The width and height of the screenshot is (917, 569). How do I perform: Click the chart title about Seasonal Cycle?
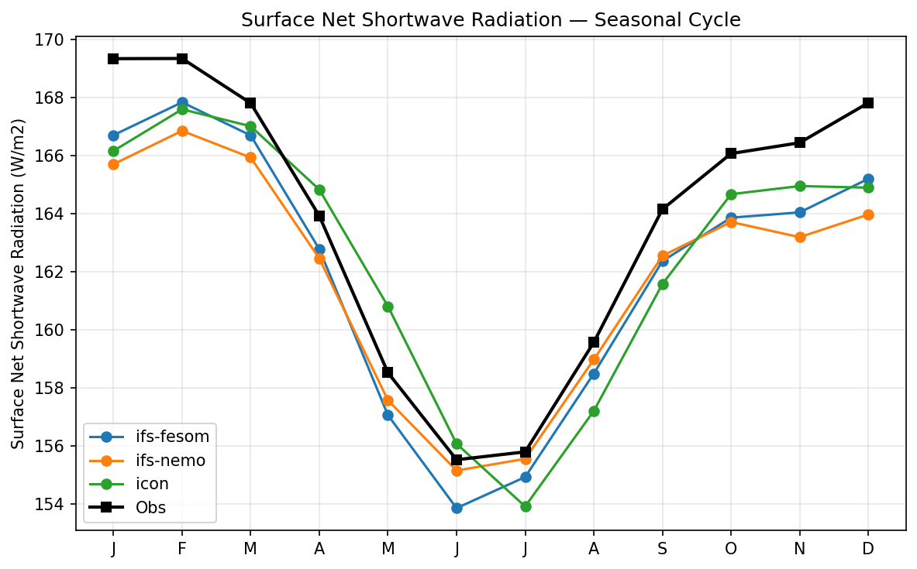491,20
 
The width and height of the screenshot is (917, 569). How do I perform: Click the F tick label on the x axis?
182,549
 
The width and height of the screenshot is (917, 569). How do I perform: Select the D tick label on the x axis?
868,549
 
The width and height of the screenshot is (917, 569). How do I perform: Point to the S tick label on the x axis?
663,549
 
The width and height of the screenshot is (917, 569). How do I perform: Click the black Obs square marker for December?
868,103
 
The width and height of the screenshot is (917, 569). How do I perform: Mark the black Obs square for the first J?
113,59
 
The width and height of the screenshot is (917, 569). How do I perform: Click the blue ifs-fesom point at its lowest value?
457,508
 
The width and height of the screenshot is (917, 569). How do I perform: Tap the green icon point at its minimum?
526,506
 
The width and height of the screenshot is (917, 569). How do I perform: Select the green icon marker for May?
388,307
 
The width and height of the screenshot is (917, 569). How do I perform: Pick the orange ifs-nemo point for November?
800,237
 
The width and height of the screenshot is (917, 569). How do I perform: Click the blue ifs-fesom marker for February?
182,102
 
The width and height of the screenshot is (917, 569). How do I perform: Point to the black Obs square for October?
731,153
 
